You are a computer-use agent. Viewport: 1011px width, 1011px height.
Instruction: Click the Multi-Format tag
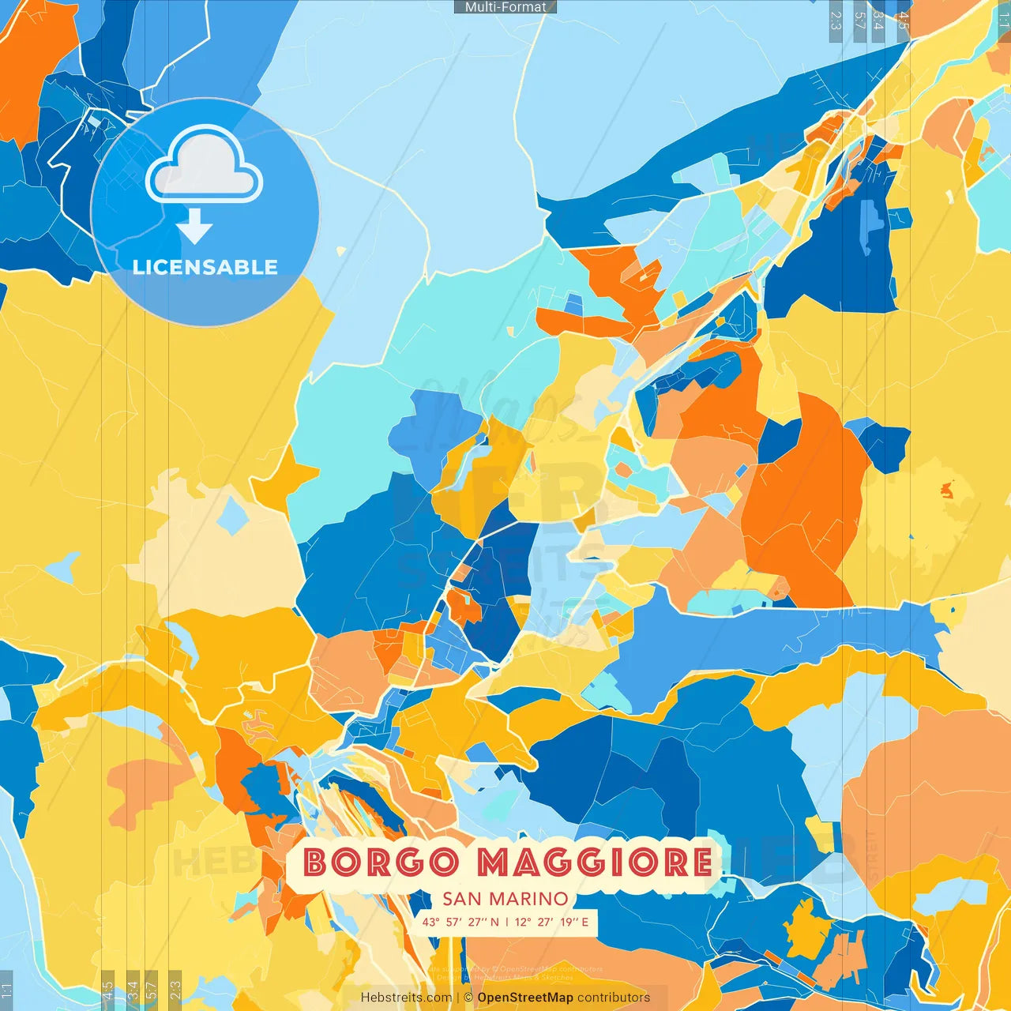click(505, 7)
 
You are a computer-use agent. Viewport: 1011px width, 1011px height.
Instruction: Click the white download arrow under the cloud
click(194, 227)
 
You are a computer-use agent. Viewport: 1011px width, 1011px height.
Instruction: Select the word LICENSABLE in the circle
click(205, 267)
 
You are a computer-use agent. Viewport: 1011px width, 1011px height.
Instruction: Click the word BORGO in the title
click(381, 863)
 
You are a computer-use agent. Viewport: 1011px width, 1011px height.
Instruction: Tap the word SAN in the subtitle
click(460, 899)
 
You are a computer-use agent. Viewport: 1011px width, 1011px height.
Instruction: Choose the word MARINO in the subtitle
click(528, 899)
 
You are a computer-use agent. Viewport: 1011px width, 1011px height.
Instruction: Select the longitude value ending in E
click(551, 922)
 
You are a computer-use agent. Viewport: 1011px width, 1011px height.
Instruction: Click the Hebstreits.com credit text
click(406, 998)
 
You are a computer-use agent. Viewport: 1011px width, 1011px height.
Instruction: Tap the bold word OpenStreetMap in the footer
click(525, 998)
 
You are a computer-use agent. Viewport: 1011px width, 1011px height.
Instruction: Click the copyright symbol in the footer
click(468, 998)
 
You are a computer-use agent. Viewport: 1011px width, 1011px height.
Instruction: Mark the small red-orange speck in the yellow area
click(946, 491)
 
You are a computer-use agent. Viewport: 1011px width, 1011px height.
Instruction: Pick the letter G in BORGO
click(410, 863)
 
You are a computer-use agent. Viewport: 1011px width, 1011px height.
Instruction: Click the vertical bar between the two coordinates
click(507, 922)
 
